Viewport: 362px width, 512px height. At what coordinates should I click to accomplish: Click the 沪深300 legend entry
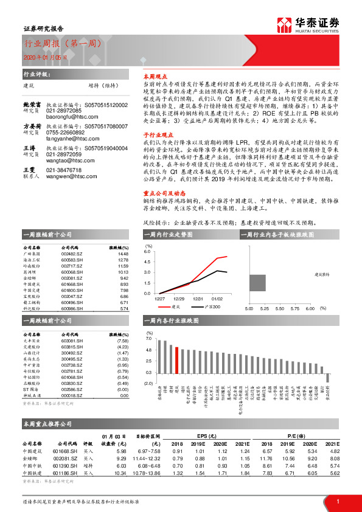pos(203,307)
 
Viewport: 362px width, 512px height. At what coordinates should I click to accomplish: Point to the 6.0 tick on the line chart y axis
pos(147,251)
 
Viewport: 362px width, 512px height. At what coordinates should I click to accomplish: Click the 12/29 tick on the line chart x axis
pos(179,299)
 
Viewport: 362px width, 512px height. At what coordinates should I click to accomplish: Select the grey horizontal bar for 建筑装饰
pos(257,283)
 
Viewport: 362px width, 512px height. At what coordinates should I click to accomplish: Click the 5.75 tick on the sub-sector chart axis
pos(294,308)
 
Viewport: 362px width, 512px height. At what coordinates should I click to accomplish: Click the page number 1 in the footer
pos(337,500)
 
